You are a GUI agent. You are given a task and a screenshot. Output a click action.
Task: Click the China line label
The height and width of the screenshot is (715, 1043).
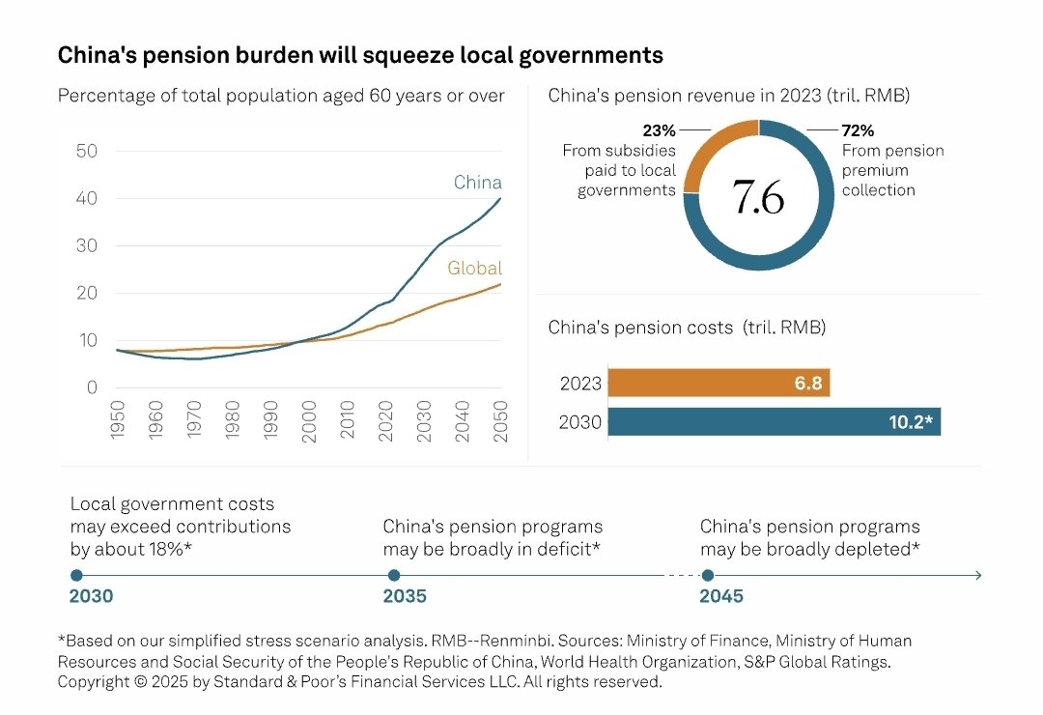478,183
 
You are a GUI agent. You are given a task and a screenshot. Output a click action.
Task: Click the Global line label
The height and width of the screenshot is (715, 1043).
474,269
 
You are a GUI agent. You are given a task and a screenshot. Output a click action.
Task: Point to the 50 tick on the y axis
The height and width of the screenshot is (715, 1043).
87,151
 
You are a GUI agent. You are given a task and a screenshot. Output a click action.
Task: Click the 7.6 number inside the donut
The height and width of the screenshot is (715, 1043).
758,196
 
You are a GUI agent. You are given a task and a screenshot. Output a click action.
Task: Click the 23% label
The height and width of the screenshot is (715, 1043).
659,130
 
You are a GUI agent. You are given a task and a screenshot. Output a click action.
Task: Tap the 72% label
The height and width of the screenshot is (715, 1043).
859,130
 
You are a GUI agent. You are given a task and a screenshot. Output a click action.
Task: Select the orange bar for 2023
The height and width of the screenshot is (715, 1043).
719,384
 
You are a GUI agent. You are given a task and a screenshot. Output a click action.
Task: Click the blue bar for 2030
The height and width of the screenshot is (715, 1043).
774,422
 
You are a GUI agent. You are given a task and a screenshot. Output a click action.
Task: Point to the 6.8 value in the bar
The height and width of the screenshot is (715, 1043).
807,384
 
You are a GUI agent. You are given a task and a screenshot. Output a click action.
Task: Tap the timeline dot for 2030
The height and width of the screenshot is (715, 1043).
77,575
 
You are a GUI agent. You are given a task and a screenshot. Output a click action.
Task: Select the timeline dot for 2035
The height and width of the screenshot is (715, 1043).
393,575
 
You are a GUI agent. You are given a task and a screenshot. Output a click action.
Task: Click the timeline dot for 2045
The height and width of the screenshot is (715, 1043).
708,575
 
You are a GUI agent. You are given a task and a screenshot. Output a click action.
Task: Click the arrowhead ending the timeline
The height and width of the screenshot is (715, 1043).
978,575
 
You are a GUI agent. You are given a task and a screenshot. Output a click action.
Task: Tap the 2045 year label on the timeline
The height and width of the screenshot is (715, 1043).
721,596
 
